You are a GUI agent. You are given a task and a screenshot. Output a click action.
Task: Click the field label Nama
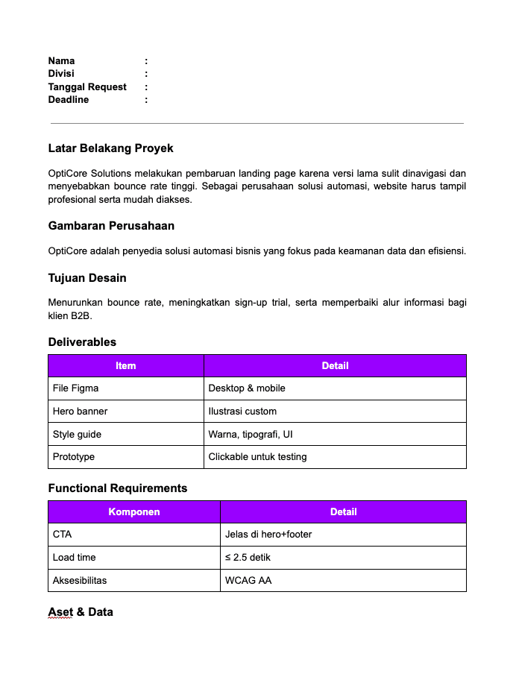pos(62,60)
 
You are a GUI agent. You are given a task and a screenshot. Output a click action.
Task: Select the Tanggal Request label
pos(87,86)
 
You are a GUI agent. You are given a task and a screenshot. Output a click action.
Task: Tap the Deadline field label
pos(69,99)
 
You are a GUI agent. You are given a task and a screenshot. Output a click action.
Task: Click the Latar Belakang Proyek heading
pos(110,148)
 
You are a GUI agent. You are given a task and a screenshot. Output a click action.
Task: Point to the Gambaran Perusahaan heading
pos(111,225)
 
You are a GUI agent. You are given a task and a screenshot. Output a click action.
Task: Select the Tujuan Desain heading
pos(87,277)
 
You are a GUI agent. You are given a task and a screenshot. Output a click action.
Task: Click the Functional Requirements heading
pos(118,488)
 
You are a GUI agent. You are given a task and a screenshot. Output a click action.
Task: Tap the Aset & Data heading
pos(81,611)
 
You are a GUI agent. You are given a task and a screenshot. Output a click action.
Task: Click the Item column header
pos(126,365)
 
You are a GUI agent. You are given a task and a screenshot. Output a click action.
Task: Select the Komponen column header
pos(134,511)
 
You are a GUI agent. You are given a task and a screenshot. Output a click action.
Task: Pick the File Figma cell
pos(75,388)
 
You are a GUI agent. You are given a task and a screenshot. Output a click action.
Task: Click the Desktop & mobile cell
pos(247,388)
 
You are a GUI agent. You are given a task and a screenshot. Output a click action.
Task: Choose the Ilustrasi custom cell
pos(242,411)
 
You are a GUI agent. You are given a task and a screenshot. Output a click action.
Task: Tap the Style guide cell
pos(77,434)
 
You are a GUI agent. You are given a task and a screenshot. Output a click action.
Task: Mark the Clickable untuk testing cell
pos(257,456)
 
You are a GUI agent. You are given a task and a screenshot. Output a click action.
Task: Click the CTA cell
pos(63,534)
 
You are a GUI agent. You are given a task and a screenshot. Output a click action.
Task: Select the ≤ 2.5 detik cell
pos(251,557)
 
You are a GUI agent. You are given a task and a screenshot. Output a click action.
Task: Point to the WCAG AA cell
pos(248,579)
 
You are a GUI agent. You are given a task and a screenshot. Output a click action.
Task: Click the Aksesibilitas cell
pos(80,579)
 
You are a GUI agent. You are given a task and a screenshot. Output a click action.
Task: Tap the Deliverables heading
pos(82,341)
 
